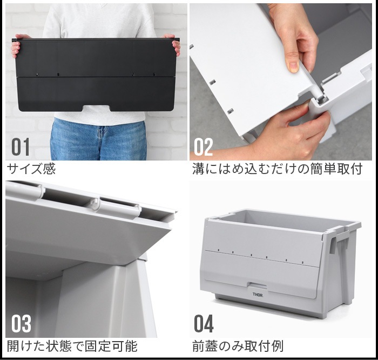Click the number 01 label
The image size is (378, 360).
21,147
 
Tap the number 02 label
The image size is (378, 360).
204,147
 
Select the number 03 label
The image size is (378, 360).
21,324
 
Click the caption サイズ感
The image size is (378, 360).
31,169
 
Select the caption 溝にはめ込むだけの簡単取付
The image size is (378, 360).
277,169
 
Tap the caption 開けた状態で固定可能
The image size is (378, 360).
72,346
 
